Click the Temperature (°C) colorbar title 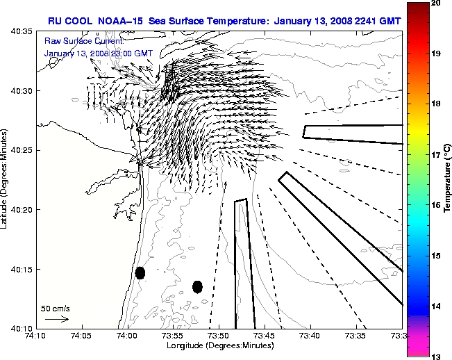[448, 179]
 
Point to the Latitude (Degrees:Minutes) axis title [5, 179]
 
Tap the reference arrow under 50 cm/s [56, 319]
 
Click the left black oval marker [140, 273]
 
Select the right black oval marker [197, 286]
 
